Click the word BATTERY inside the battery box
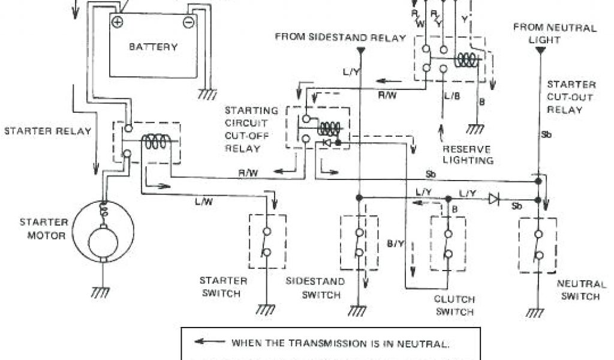[x=153, y=47]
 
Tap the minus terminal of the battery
[x=188, y=22]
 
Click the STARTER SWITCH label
[x=223, y=287]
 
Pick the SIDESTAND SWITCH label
[x=315, y=288]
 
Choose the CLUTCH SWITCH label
[x=455, y=305]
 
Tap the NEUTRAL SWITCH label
[x=578, y=290]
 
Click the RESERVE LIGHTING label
[x=468, y=155]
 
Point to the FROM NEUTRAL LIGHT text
[x=555, y=34]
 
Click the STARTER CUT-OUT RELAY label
[x=571, y=97]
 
